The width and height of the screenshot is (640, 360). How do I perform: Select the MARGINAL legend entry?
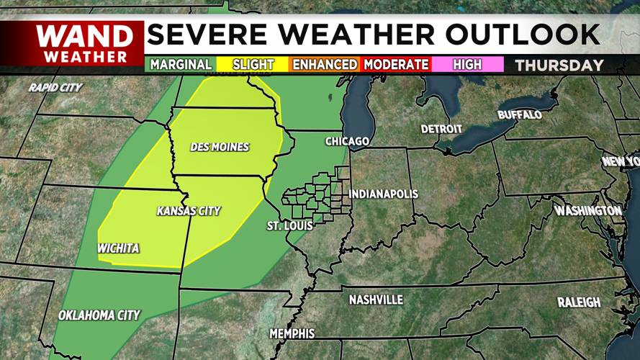[x=181, y=65]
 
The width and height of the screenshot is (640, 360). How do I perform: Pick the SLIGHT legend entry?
[x=253, y=65]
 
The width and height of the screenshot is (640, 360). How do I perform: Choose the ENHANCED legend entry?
[x=324, y=65]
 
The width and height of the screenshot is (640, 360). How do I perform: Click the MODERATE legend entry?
[x=397, y=65]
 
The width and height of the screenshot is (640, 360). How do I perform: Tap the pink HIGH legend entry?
[x=467, y=65]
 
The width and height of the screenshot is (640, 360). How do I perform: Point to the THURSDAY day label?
[x=559, y=65]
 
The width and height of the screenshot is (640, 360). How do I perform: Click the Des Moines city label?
[x=220, y=147]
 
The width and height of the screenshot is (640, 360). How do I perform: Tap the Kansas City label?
[x=189, y=211]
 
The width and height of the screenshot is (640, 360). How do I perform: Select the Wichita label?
[x=118, y=248]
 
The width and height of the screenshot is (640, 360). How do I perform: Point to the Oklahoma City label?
[x=99, y=315]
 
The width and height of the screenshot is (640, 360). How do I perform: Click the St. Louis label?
[x=289, y=226]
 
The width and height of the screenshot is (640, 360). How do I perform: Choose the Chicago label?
[x=347, y=141]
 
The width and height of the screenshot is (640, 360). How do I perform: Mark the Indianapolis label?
[x=383, y=194]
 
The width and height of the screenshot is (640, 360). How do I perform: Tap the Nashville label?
[x=376, y=300]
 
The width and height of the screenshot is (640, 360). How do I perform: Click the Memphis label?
[x=292, y=333]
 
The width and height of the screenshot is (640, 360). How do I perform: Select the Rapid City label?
[x=55, y=88]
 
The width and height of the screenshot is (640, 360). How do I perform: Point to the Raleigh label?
[x=578, y=302]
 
